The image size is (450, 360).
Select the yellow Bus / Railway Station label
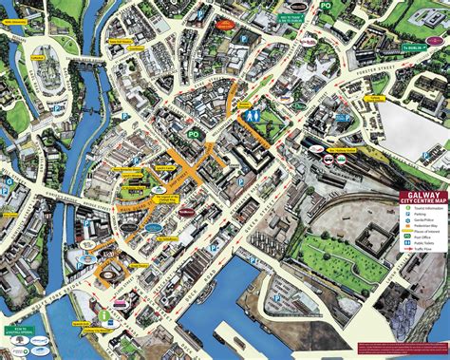click(343, 149)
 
